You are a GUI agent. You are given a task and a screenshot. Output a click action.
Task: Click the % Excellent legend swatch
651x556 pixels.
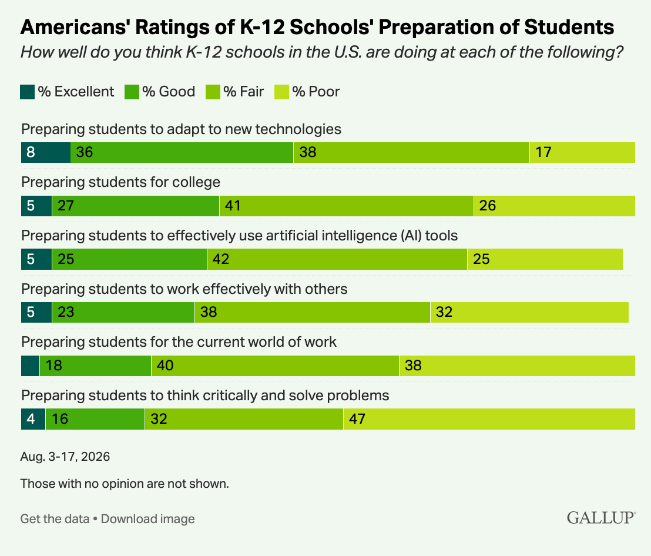[28, 92]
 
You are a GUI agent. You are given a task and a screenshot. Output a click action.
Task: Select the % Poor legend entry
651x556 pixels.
[307, 92]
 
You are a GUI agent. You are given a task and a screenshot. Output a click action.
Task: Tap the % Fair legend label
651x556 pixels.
[243, 91]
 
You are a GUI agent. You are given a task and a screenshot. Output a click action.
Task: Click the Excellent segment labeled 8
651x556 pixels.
[46, 152]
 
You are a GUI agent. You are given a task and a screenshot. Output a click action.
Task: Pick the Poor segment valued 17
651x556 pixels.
[582, 152]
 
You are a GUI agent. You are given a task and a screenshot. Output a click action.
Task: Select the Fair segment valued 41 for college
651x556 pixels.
[347, 206]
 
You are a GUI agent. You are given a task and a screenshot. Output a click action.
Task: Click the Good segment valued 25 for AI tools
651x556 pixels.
[129, 259]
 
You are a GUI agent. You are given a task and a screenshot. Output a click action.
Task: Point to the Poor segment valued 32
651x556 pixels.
[530, 312]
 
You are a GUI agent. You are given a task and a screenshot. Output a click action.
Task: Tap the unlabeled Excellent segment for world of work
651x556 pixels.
[31, 366]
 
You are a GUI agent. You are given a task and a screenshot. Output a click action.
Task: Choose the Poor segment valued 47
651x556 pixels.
[489, 419]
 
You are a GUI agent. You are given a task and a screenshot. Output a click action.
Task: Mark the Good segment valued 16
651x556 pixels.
[95, 419]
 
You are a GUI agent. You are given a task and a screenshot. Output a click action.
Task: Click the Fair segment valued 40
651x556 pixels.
[275, 366]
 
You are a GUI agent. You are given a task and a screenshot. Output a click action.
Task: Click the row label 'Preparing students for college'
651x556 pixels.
[121, 182]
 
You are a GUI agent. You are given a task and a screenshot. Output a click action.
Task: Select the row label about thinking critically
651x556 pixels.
[205, 396]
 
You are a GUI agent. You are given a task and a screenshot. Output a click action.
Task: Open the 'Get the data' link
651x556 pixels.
[55, 519]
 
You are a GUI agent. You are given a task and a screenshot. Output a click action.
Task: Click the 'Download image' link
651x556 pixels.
[148, 519]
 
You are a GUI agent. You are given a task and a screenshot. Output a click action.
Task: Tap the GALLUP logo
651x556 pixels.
[600, 517]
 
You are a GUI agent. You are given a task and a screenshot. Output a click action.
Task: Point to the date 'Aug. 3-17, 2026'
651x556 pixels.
[65, 457]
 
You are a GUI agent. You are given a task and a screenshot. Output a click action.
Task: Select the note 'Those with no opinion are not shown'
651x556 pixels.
[125, 484]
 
